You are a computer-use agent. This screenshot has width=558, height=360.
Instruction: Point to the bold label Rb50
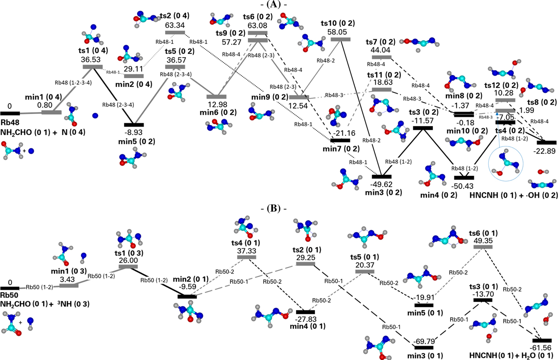10,295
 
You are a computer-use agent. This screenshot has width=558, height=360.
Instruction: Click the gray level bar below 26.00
128,267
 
